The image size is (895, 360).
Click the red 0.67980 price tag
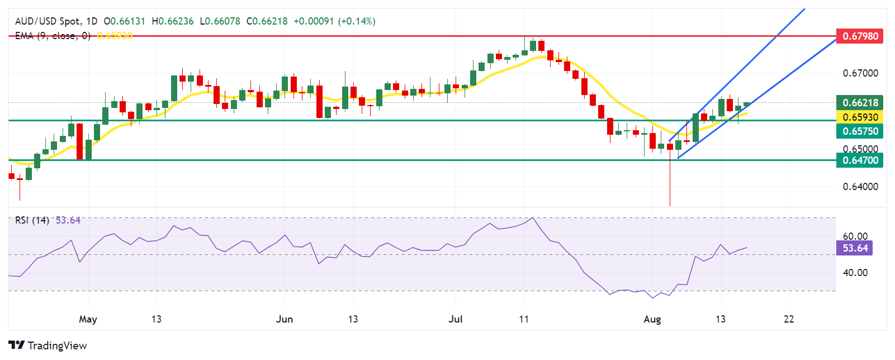click(x=860, y=36)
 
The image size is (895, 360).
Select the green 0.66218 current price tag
click(x=860, y=102)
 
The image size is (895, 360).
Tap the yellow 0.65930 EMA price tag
click(x=860, y=117)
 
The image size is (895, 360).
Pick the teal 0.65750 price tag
click(x=860, y=131)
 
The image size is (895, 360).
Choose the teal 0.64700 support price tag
click(x=860, y=160)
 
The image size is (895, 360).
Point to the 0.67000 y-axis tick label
click(x=860, y=73)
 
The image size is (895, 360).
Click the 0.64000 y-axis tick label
click(x=860, y=187)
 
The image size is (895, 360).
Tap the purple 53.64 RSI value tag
click(x=855, y=248)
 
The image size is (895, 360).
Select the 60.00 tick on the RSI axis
click(x=855, y=236)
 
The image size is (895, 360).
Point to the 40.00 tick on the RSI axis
click(x=855, y=273)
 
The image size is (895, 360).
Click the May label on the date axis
click(x=88, y=319)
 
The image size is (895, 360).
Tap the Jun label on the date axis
click(x=285, y=319)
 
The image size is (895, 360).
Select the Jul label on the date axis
click(x=456, y=319)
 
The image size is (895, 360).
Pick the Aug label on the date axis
click(x=652, y=319)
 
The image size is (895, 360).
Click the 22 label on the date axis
click(x=789, y=319)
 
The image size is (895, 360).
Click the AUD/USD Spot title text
click(x=48, y=21)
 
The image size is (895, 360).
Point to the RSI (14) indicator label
click(x=32, y=220)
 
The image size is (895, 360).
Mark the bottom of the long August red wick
click(x=670, y=205)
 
